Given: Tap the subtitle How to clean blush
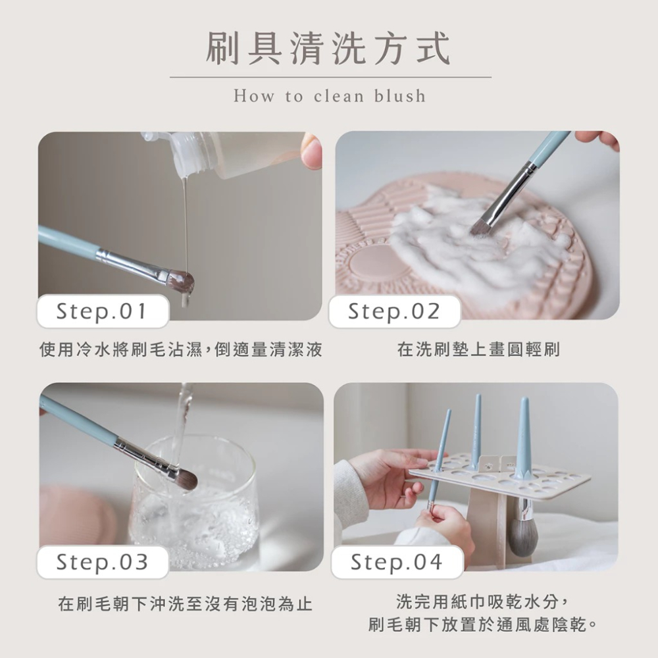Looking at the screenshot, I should pyautogui.click(x=329, y=97).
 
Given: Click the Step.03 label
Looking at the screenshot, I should pyautogui.click(x=102, y=562).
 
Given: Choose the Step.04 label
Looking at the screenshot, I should pyautogui.click(x=396, y=562).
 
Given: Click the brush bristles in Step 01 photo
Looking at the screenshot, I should pyautogui.click(x=180, y=281).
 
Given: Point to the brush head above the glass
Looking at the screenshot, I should pyautogui.click(x=184, y=478).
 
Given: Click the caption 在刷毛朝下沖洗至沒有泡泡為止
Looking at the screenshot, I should pyautogui.click(x=185, y=603).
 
